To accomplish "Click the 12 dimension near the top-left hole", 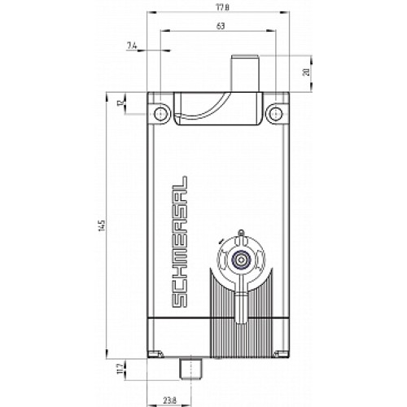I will pyautogui.click(x=120, y=103).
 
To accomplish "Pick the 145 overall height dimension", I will pyautogui.click(x=101, y=223).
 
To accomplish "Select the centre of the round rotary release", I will pyautogui.click(x=240, y=261).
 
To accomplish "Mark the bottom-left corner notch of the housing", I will pyautogui.click(x=154, y=352).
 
